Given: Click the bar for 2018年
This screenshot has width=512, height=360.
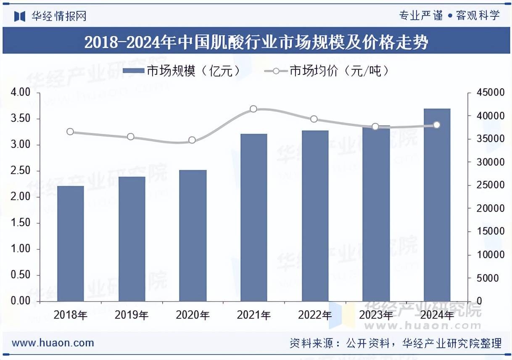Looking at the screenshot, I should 70,244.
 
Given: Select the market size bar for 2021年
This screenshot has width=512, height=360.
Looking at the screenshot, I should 253,217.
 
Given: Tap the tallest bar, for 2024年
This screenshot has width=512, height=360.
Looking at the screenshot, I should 437,205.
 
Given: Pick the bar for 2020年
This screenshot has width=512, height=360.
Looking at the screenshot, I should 193,236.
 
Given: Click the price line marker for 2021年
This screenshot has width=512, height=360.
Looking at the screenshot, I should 253,109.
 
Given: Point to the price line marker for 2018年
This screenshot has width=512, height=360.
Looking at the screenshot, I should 70,132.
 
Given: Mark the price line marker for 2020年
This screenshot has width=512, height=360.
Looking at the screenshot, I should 192,140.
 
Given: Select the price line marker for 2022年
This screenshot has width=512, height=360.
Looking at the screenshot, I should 314,119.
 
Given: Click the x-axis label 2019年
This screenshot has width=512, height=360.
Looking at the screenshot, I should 132,315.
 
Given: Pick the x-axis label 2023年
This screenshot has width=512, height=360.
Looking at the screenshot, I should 376,315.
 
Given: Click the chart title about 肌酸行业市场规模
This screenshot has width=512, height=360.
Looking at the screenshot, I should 256,42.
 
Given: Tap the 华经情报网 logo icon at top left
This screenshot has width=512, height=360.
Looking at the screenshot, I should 20,16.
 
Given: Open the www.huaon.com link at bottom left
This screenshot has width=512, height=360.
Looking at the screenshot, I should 53,343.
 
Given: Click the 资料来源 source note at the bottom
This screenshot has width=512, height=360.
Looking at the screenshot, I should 395,343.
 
